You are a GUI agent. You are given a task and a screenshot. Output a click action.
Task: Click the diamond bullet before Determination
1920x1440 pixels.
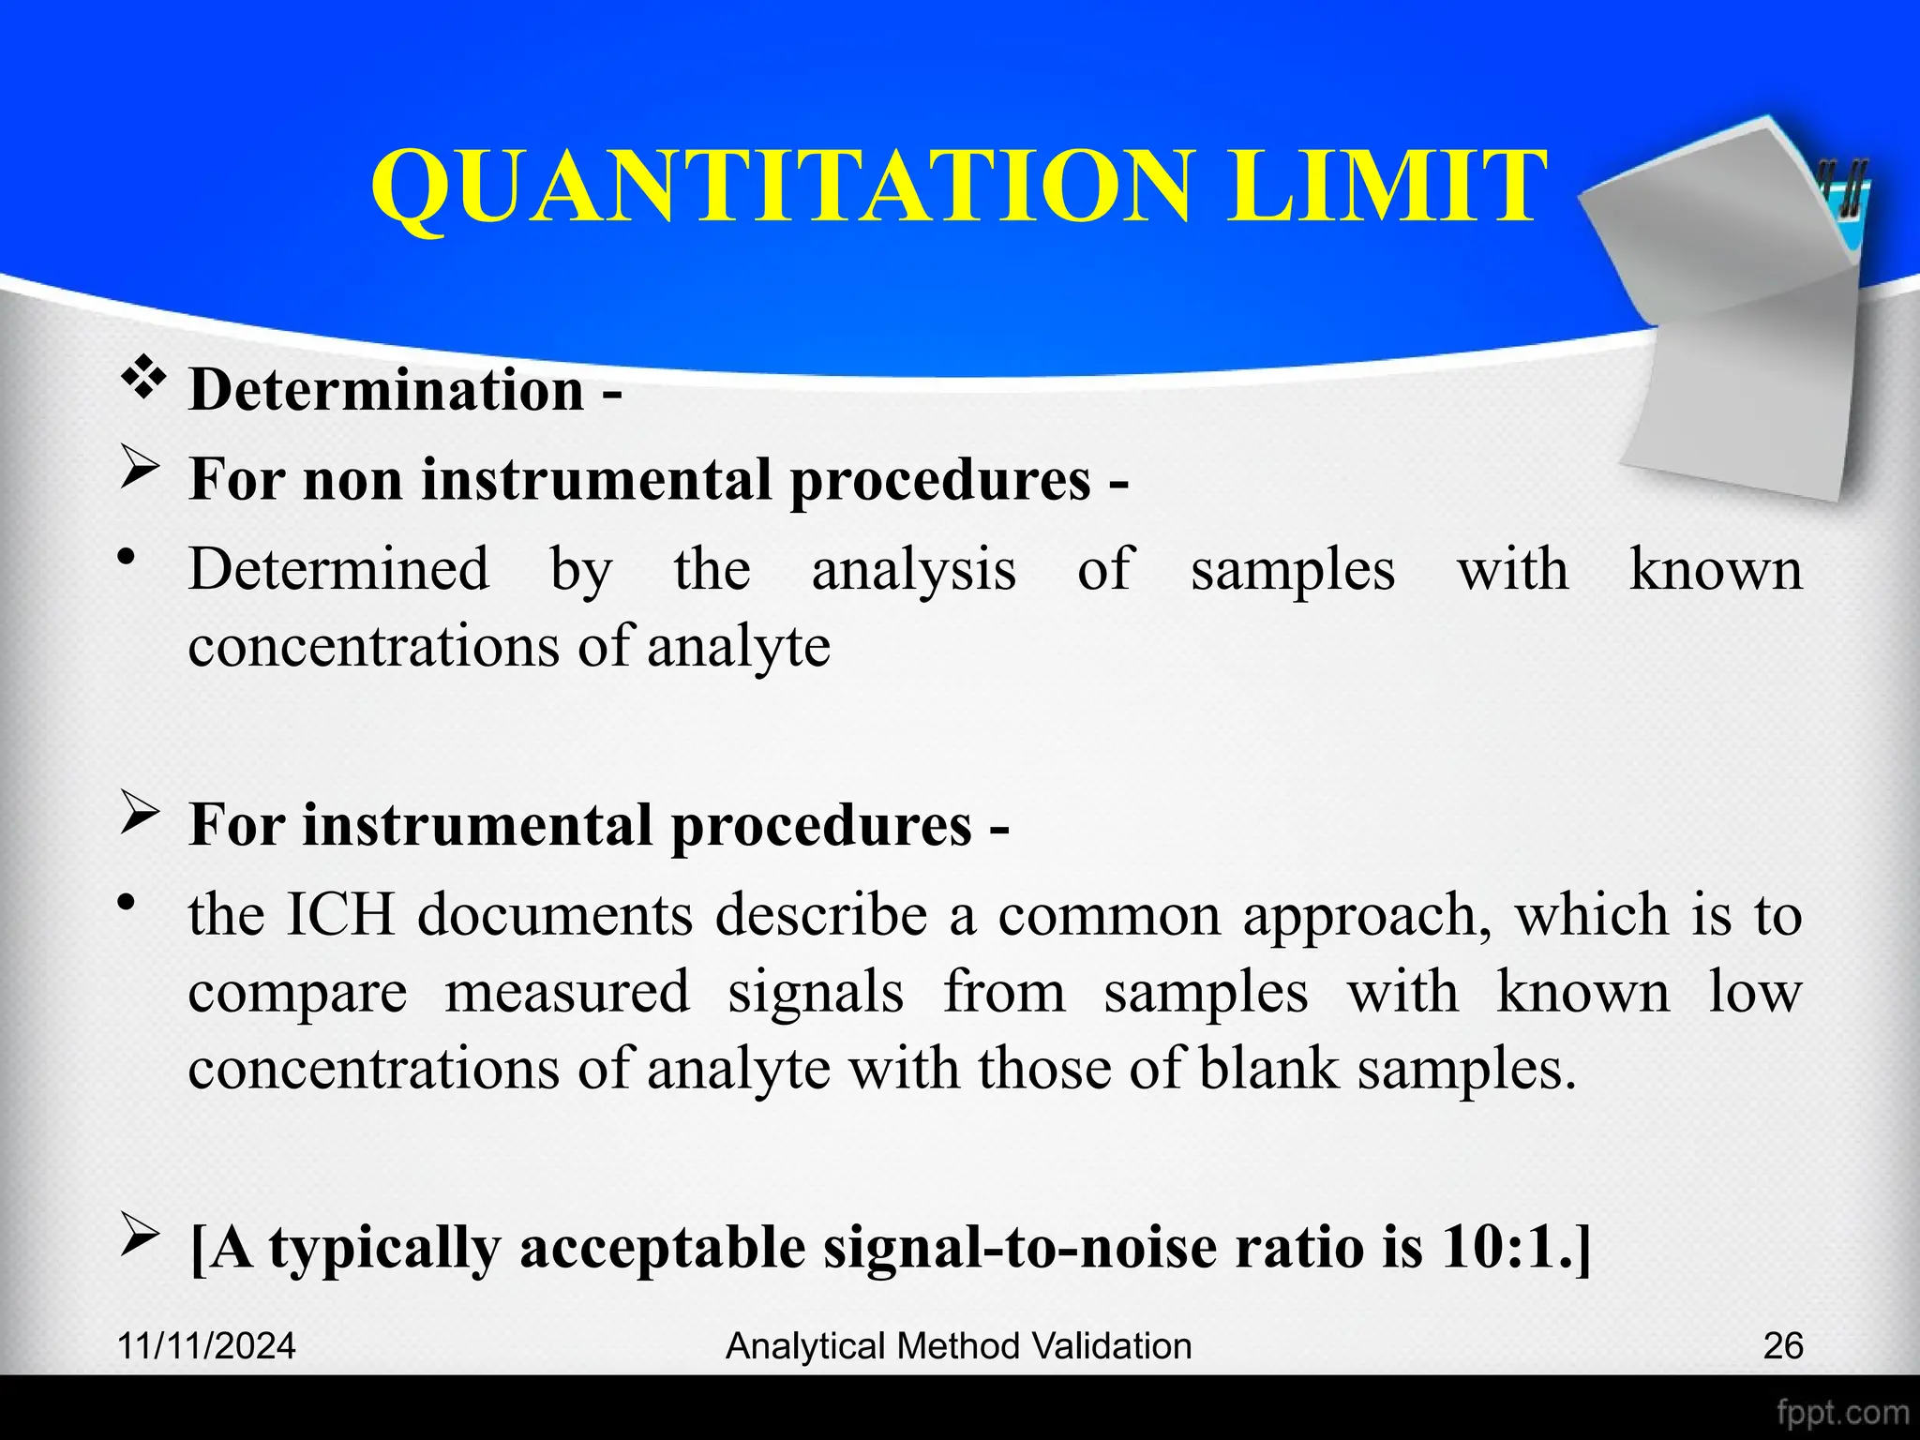coord(143,380)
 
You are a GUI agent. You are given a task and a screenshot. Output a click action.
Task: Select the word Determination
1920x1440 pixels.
coord(386,390)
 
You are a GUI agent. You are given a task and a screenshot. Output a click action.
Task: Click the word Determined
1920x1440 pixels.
coord(338,569)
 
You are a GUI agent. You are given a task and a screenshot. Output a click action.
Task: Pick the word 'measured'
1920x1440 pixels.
coord(567,992)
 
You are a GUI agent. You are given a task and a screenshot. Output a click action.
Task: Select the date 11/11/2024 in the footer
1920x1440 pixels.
coord(206,1346)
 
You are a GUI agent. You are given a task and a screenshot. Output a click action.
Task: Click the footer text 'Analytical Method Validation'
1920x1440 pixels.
coord(959,1346)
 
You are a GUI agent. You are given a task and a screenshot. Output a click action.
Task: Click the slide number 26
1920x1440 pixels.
coord(1782,1346)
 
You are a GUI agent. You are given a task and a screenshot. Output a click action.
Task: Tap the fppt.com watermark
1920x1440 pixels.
coord(1842,1412)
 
